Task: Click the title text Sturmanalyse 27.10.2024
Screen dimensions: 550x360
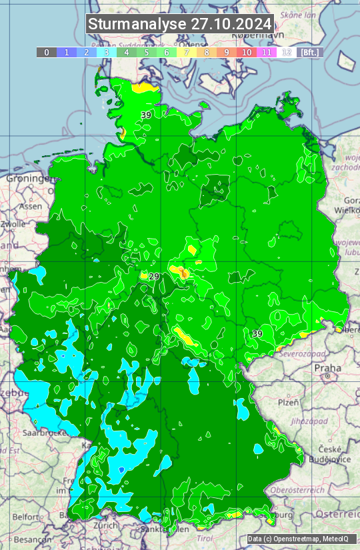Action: pyautogui.click(x=180, y=24)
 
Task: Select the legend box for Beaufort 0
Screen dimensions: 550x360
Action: pyautogui.click(x=46, y=52)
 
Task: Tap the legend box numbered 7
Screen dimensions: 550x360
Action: pyautogui.click(x=187, y=52)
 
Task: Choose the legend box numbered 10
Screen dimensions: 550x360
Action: pyautogui.click(x=247, y=52)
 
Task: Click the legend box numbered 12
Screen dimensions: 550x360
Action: pyautogui.click(x=287, y=52)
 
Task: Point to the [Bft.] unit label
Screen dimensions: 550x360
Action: pyautogui.click(x=309, y=52)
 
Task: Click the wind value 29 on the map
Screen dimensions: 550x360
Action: pyautogui.click(x=154, y=276)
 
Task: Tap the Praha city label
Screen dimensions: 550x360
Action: pyautogui.click(x=328, y=367)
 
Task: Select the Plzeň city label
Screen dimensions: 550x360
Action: pyautogui.click(x=288, y=402)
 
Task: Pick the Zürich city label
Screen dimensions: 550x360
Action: pyautogui.click(x=106, y=525)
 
